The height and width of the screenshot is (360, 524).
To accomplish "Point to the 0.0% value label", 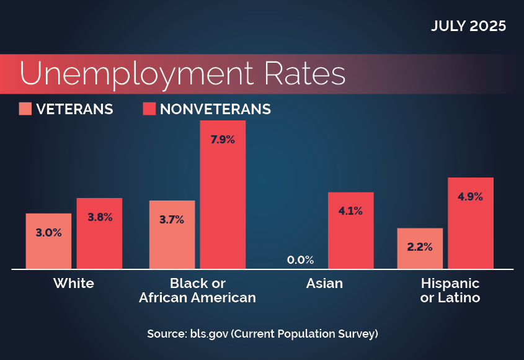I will [300, 259].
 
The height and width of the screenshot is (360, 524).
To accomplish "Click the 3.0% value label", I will [48, 233].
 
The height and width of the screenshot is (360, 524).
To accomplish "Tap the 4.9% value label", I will [470, 197].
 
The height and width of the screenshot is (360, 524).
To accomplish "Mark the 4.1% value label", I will [350, 211].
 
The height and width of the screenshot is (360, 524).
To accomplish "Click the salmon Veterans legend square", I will [25, 109].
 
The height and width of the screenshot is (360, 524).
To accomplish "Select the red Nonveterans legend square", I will [149, 109].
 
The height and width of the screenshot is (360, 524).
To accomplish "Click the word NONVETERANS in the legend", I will [215, 109].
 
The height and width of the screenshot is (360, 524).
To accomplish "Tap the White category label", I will [74, 284].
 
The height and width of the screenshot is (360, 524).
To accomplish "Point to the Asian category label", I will [324, 284].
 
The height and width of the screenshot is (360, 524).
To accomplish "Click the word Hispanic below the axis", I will [450, 284].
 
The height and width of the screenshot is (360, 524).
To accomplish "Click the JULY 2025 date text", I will [469, 27].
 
